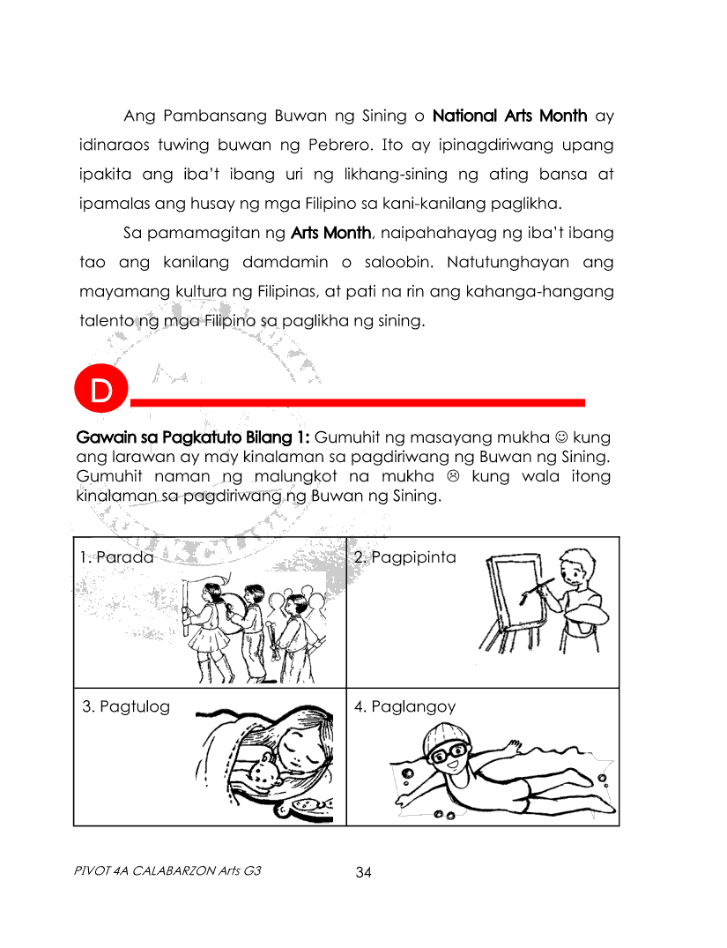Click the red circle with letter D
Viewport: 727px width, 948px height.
101,392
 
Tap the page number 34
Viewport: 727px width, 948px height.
364,873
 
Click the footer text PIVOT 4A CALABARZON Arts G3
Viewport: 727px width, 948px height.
168,871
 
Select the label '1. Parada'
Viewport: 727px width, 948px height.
116,557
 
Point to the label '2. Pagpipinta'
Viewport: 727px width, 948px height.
404,557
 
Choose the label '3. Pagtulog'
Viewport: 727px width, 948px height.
126,706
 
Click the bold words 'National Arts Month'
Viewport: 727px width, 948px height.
510,116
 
